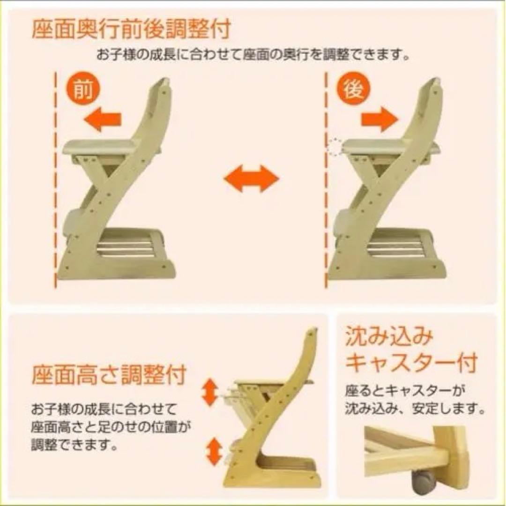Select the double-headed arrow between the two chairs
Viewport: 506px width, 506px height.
pos(252,179)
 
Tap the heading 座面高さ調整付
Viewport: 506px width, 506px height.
pos(109,375)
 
